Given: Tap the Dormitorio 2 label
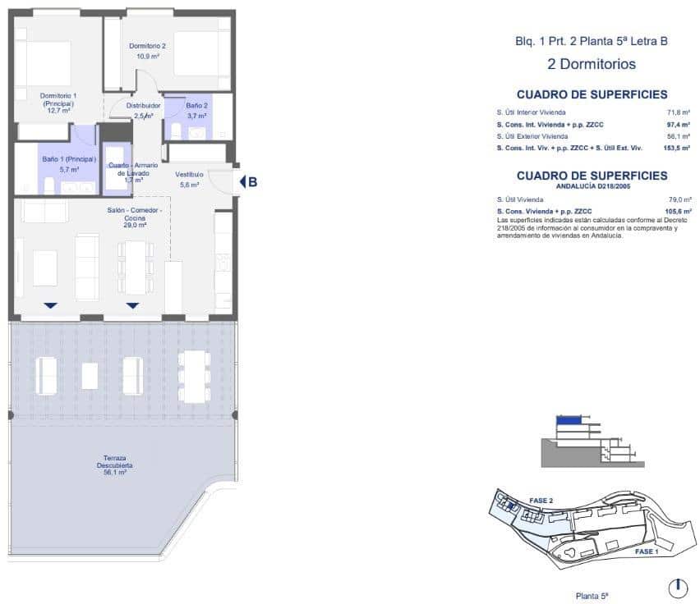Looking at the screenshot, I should point(148,51).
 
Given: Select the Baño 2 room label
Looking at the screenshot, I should point(197,111).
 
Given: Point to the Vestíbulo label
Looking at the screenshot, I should point(189,180).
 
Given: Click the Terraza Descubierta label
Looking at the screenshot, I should point(115,464).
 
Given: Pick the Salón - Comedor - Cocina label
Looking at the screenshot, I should point(134,217).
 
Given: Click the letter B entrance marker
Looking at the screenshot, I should point(252,182).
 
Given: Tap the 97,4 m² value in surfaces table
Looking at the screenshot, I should point(678,124).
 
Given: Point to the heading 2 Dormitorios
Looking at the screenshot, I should point(592,63).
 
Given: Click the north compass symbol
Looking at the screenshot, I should point(677,588).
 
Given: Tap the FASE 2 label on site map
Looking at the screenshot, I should point(541,500).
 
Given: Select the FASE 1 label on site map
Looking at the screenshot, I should point(646,552).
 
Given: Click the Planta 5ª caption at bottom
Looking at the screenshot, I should point(592,596).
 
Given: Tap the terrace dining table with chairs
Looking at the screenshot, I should point(194,376).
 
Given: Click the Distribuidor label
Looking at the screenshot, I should point(143,106).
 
